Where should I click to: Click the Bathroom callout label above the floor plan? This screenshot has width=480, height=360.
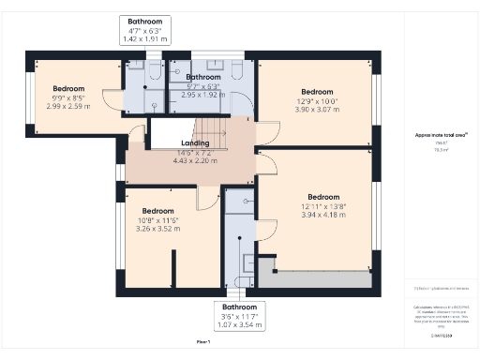coord(145,21)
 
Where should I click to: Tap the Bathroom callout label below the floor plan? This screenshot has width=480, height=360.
coord(239,307)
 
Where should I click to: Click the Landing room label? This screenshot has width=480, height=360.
coord(195,143)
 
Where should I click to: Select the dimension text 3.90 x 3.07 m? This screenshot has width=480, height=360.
coord(315,111)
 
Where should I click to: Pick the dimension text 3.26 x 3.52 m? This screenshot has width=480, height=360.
coord(157,228)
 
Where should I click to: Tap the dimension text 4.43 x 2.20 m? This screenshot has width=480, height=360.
coord(195,160)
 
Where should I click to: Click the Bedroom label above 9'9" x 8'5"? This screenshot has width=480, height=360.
coord(68,89)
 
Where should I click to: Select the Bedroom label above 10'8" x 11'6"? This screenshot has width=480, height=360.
coord(157,211)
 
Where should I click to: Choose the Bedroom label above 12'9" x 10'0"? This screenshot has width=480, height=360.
coord(315,93)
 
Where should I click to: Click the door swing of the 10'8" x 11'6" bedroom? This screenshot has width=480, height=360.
coord(207,198)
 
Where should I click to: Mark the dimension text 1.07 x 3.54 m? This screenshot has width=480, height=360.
coord(239,324)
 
